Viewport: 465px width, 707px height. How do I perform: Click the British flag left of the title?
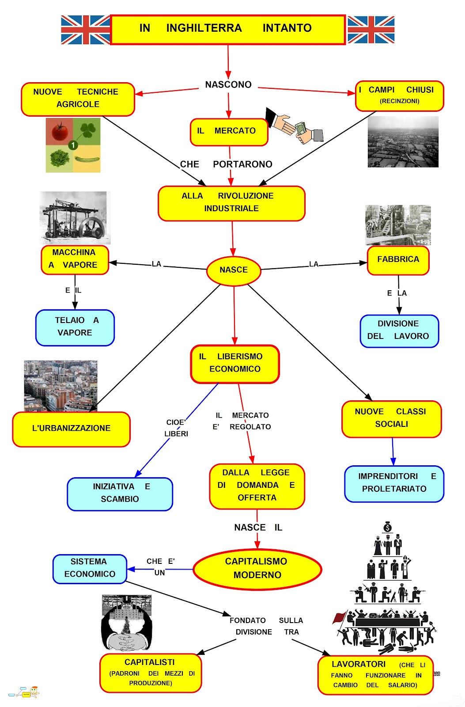coord(85,30)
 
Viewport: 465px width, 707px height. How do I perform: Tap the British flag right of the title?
coord(371,30)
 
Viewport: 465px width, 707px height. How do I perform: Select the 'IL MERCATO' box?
coord(229,131)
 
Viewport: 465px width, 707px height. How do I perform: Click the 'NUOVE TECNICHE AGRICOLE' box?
coord(78,99)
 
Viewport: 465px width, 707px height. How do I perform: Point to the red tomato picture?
coord(60,131)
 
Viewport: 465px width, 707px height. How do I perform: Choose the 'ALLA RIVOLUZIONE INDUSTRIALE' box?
coord(231,203)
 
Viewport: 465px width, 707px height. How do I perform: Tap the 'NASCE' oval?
coord(234,270)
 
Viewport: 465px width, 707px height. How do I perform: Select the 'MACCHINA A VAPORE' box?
coord(75,259)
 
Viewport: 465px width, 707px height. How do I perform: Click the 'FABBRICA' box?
coord(398,260)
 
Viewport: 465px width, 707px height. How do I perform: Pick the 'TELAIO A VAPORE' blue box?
coord(75,327)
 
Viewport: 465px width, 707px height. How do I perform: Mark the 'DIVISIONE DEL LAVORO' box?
coord(399,331)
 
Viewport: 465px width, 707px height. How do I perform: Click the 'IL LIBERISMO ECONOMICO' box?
coord(235,363)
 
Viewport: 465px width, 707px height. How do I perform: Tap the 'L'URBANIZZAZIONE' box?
coord(71,429)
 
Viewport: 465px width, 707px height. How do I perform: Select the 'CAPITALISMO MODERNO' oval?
coord(257,569)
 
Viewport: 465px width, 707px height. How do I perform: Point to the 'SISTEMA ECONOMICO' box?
coord(90,568)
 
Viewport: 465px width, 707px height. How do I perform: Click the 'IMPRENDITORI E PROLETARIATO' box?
coord(394,483)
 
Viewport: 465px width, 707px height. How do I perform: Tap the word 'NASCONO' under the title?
coord(228,85)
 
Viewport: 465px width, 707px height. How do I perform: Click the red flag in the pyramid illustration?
coord(340,617)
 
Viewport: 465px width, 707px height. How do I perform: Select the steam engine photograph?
coord(75,218)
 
